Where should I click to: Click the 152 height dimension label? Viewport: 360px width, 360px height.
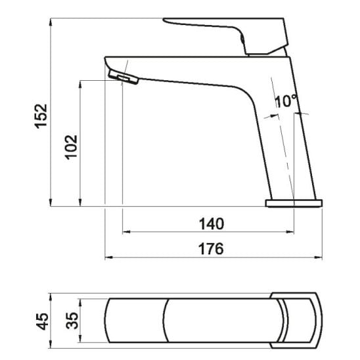coord(41,116)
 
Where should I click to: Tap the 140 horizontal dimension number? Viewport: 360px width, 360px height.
coord(212,224)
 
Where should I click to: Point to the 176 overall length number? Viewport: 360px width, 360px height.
coord(211,248)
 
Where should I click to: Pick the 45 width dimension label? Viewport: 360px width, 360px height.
coord(43,321)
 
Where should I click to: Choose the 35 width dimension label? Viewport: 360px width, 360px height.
coord(72,321)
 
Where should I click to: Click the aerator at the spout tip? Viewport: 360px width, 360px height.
coord(124,78)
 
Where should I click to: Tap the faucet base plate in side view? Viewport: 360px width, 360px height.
coord(294,204)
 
